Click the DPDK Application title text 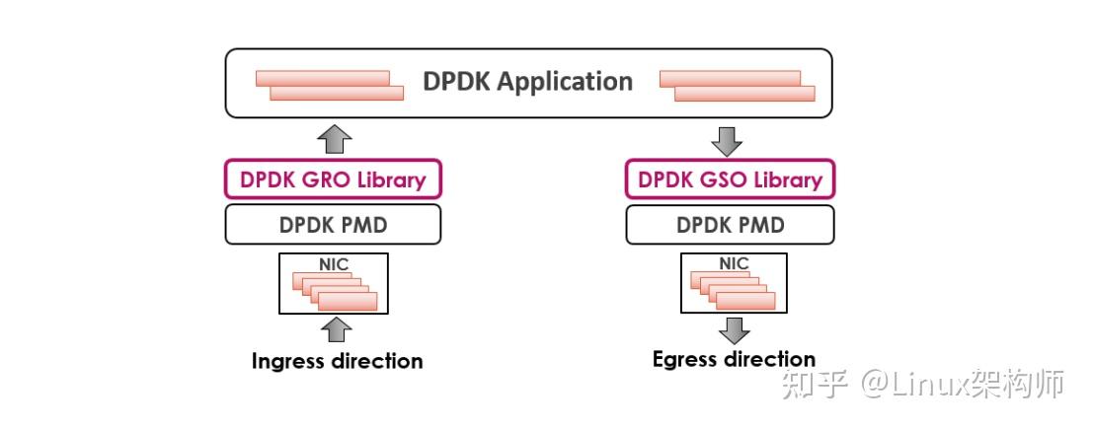click(x=528, y=82)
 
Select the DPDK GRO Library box click(x=333, y=179)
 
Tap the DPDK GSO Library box click(x=730, y=179)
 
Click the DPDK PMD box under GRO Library click(x=333, y=225)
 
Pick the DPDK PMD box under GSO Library click(x=730, y=225)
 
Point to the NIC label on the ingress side click(x=334, y=264)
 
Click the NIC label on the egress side click(x=734, y=263)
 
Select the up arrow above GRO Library click(x=337, y=139)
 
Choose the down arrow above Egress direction click(x=734, y=329)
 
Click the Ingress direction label click(x=337, y=361)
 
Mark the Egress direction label click(x=734, y=359)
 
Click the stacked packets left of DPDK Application click(x=330, y=86)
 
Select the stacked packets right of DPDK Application click(x=737, y=86)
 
